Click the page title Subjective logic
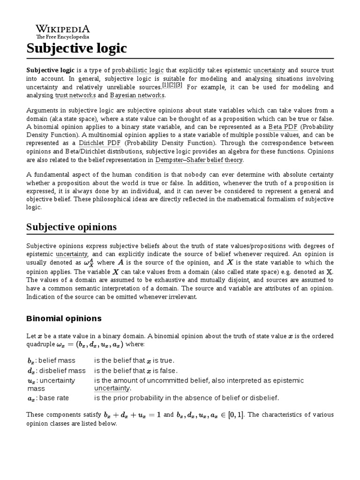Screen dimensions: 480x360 76,48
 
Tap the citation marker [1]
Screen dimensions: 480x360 165,86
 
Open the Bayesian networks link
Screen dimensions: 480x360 137,96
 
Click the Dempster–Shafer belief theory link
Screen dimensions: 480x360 203,160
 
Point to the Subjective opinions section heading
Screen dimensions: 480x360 71,227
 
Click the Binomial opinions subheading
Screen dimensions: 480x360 64,318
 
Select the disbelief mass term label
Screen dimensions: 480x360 56,370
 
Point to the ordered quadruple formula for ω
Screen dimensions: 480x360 90,345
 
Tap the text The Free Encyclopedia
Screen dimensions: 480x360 63,37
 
